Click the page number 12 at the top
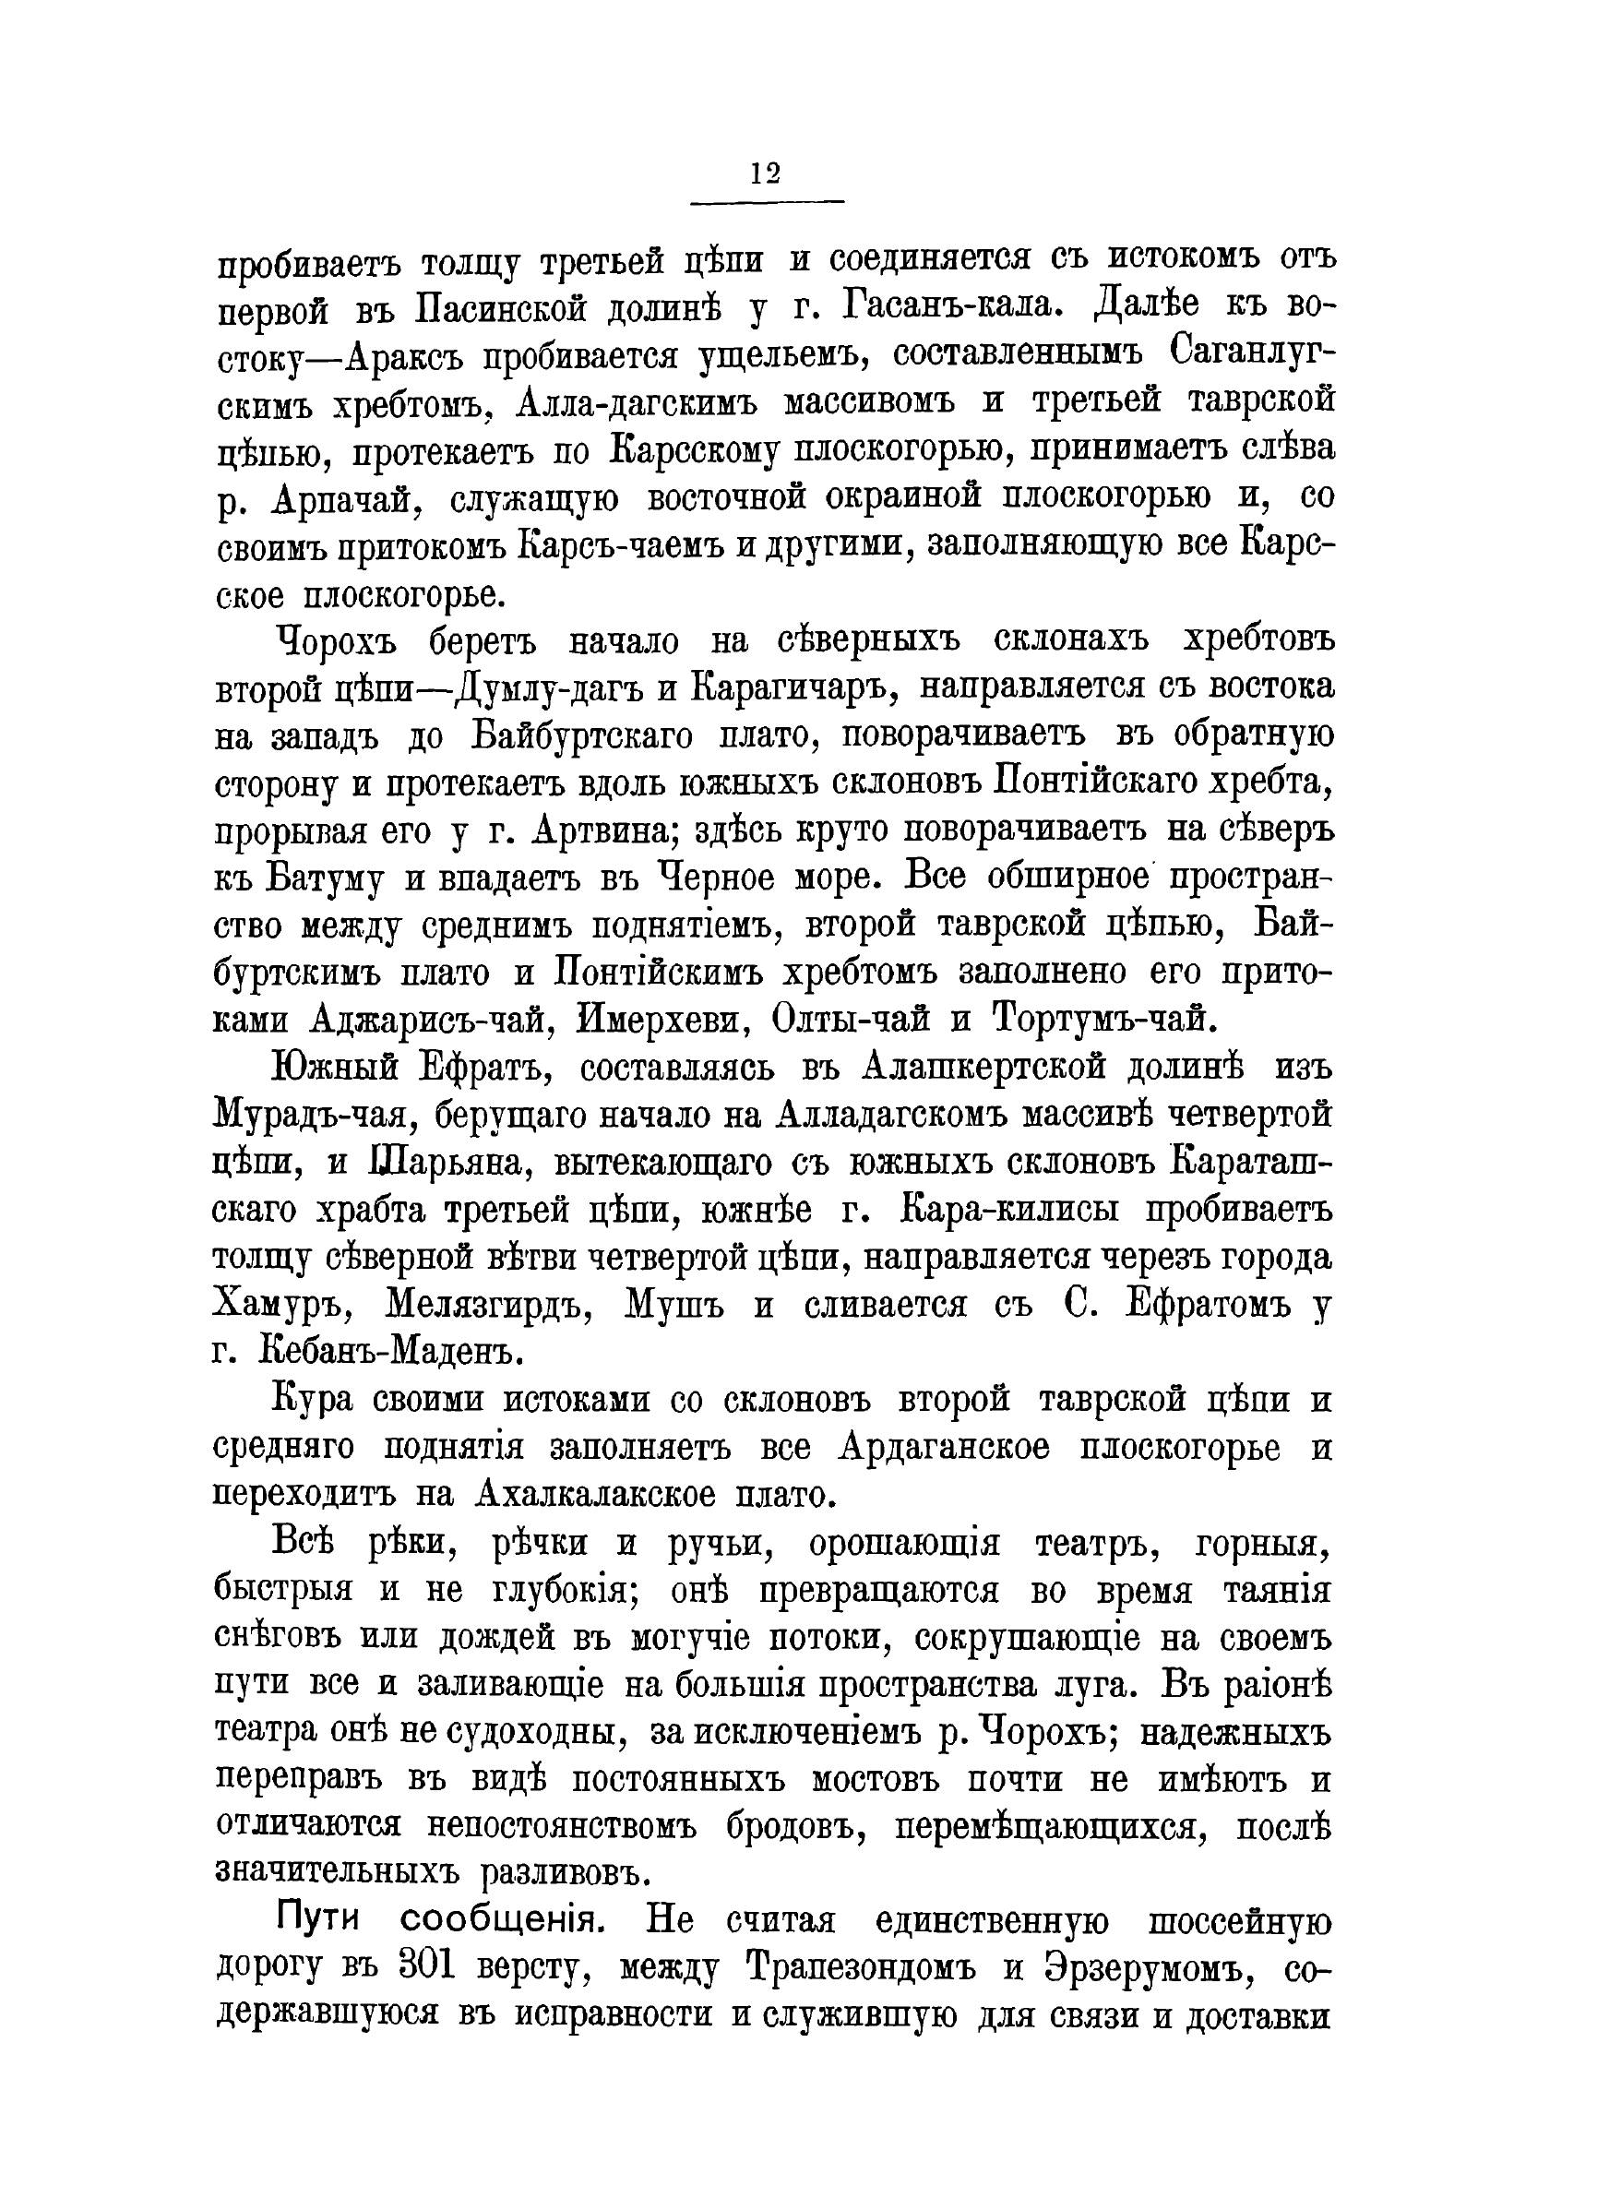tap(766, 173)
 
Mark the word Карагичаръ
tap(792, 688)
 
